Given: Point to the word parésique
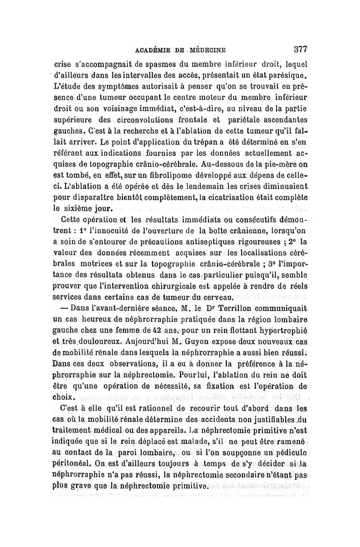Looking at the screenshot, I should click(287, 74).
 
